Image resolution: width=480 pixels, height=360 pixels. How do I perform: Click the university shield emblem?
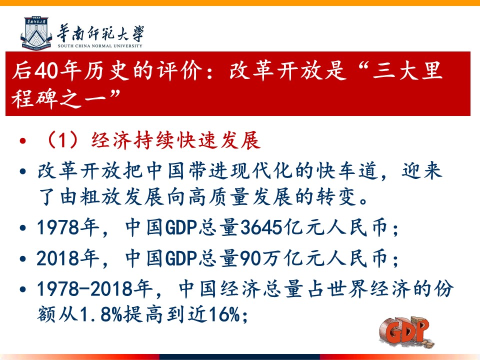[36, 33]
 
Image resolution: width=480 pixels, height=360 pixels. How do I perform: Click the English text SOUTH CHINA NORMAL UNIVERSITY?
[100, 46]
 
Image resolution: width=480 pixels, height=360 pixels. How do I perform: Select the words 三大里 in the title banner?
[407, 70]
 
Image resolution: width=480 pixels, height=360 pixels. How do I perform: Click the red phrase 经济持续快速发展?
[176, 140]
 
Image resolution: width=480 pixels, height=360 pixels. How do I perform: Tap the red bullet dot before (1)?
[22, 141]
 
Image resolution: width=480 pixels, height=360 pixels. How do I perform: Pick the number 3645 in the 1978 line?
[261, 227]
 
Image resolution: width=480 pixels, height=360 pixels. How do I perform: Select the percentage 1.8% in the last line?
[101, 314]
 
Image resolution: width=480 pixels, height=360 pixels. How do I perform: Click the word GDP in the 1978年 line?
[181, 227]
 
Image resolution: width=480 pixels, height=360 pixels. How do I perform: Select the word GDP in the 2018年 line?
[181, 258]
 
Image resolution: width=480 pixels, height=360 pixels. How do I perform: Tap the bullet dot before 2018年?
[22, 258]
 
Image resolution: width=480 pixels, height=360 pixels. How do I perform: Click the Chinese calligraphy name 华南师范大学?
[100, 33]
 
